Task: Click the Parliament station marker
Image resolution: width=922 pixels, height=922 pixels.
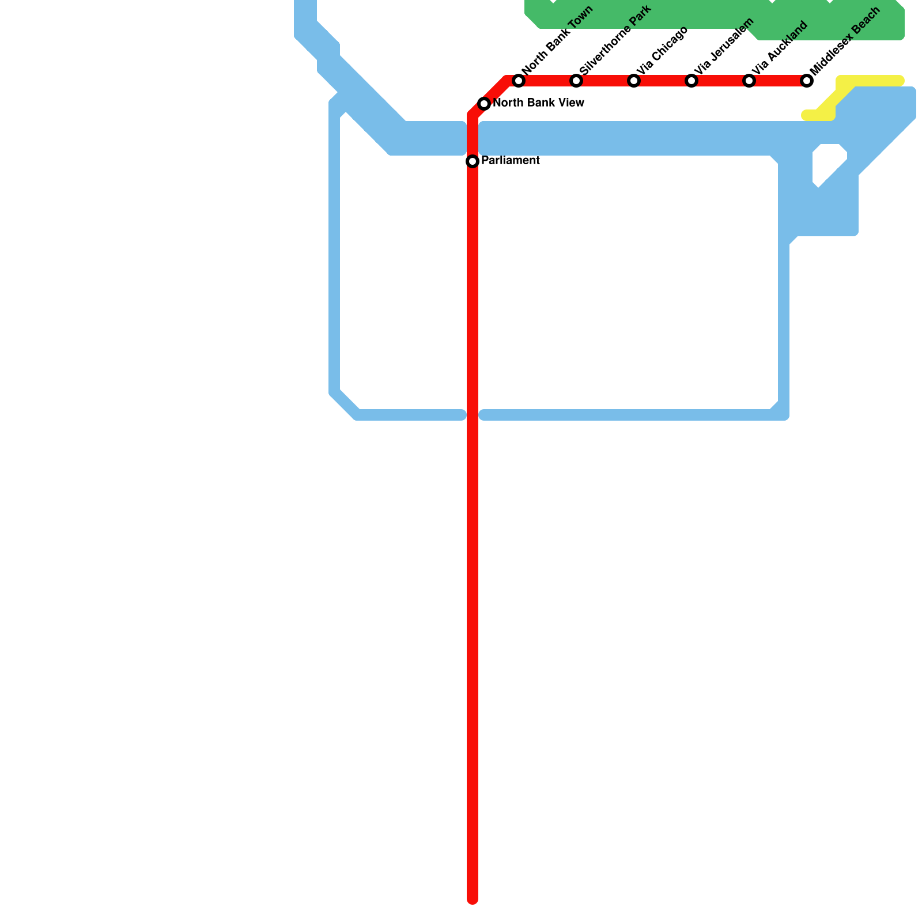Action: [473, 161]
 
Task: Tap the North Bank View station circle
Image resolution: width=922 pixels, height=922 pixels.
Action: [484, 104]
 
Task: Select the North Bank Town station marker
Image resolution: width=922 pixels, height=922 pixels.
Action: [519, 81]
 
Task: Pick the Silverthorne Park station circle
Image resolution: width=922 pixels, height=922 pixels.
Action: [576, 81]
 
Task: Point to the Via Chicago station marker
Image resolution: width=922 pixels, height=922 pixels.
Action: [634, 81]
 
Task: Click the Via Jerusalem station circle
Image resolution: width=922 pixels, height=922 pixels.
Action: [691, 81]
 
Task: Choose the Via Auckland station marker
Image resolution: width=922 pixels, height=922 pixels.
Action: [749, 81]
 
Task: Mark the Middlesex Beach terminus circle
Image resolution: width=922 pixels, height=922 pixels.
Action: [807, 81]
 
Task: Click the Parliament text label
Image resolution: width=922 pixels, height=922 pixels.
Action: [510, 161]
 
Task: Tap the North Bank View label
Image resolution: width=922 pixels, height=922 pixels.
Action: [538, 104]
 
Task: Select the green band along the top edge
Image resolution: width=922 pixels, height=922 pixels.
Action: [691, 14]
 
